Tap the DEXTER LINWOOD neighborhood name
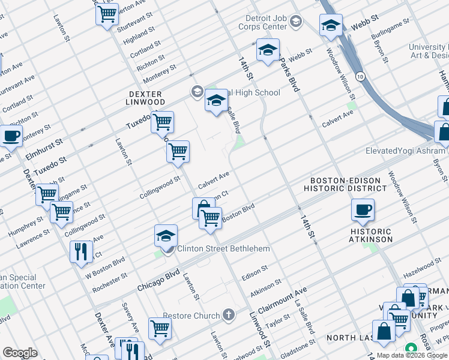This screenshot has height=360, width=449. click(x=146, y=98)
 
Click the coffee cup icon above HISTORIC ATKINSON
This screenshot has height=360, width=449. click(x=363, y=211)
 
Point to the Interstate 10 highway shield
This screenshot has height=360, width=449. click(x=359, y=76)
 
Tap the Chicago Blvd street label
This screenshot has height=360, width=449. click(x=158, y=280)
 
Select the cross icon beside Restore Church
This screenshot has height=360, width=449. click(x=228, y=314)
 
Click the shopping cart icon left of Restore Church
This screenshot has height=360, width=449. click(x=160, y=328)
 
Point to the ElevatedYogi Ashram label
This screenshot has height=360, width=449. click(x=405, y=151)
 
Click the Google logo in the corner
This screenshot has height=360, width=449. click(x=20, y=353)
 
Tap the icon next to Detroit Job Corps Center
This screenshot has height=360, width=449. click(x=296, y=22)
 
